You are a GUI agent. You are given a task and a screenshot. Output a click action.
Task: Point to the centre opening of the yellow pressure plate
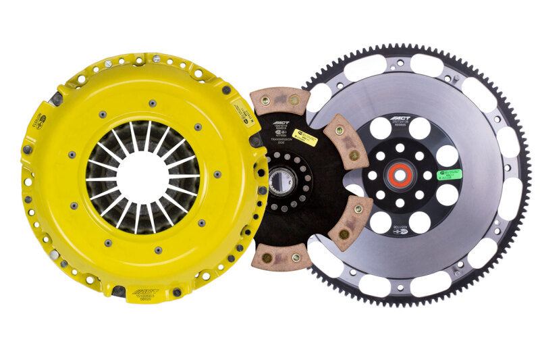tap(142, 177)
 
